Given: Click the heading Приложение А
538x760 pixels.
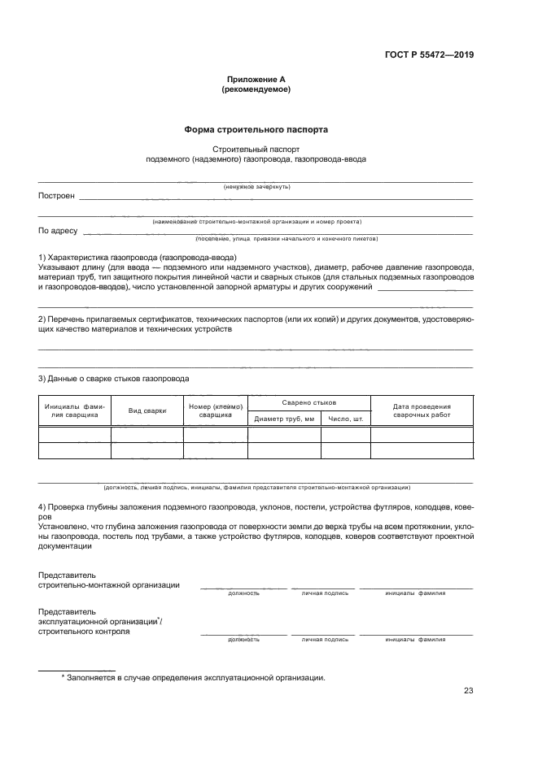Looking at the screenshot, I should point(256,79).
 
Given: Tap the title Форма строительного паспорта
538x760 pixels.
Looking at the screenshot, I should point(256,129).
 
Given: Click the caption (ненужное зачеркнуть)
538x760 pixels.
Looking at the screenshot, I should point(256,187).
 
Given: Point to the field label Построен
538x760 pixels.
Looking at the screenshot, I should point(56,196).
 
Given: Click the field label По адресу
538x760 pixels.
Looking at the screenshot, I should point(58,231).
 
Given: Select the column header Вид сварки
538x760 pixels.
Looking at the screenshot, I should point(147,411).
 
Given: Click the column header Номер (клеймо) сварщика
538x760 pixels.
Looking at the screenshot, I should point(215,410).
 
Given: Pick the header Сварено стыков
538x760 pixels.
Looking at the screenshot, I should point(308,403).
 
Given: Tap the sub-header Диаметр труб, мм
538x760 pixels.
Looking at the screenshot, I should point(284,419).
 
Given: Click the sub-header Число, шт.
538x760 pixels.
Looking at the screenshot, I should point(346,419).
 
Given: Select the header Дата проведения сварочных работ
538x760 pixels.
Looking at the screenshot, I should point(422,410).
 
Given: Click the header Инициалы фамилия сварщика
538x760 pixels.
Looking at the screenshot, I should point(75,410).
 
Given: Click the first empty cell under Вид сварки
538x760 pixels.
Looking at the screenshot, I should point(147,435).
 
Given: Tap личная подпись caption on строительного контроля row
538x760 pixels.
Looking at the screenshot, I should point(325,640).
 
